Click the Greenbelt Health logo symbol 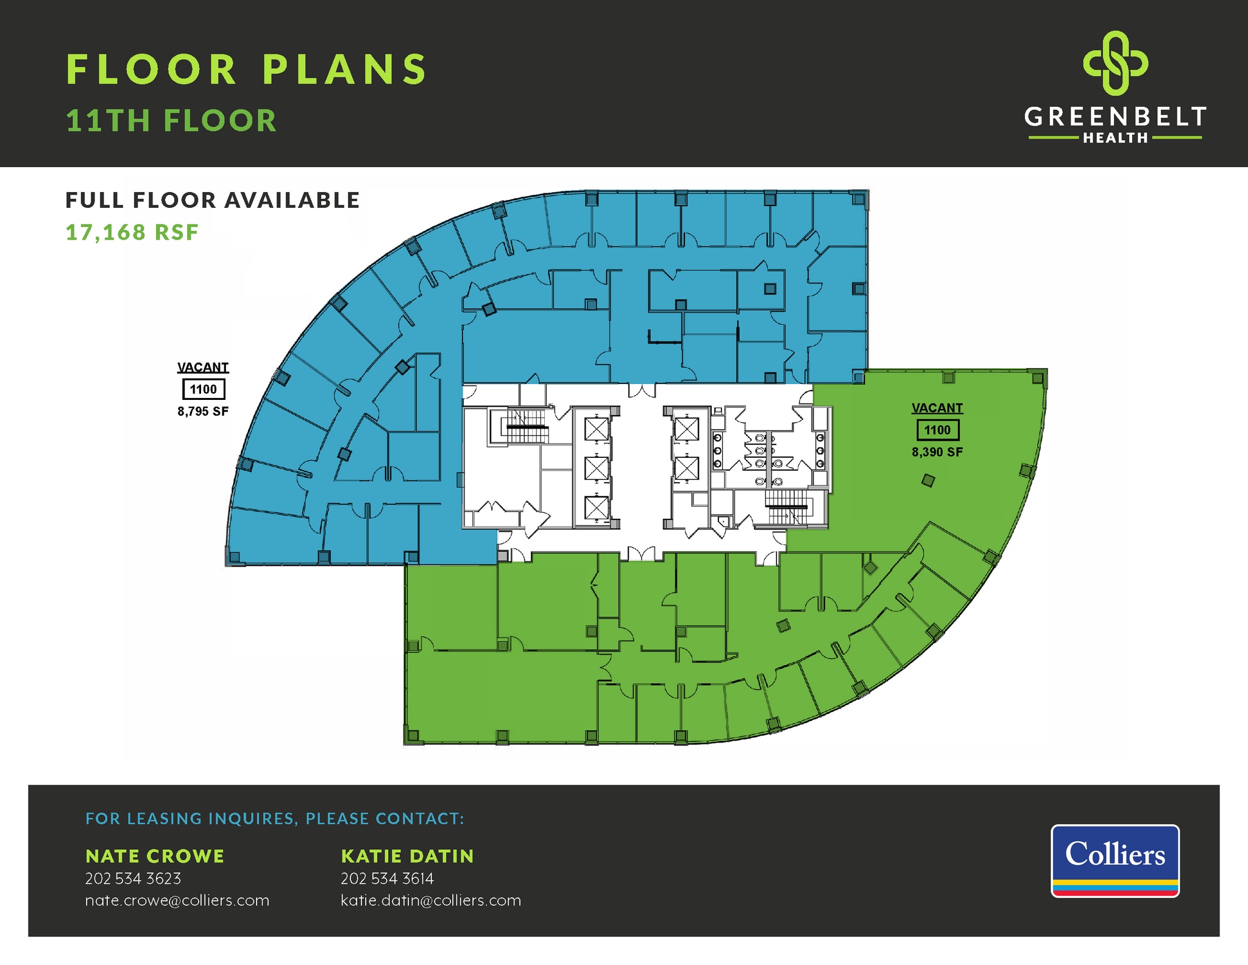(1115, 63)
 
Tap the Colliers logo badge (1115, 860)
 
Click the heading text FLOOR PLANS (247, 69)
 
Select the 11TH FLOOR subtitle (171, 121)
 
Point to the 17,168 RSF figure (132, 232)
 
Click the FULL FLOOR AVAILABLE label (213, 200)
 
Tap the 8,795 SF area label (203, 411)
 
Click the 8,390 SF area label (937, 452)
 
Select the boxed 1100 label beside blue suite (204, 390)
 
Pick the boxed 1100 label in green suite (937, 430)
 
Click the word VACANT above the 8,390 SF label (937, 408)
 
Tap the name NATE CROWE (155, 856)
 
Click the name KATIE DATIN (407, 856)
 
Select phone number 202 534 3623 (133, 878)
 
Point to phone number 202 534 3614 (387, 878)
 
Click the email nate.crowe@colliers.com (177, 900)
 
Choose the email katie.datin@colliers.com (431, 900)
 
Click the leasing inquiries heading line (275, 818)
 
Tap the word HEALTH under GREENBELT (1115, 138)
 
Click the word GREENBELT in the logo (1115, 116)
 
